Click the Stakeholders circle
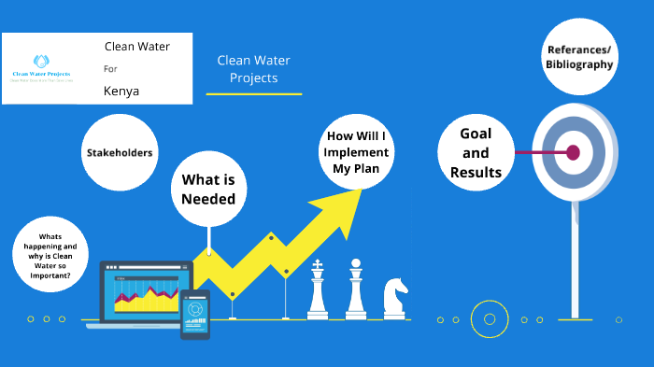click(x=120, y=151)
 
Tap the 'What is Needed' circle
click(x=208, y=189)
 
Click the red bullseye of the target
click(x=573, y=151)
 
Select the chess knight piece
click(x=394, y=298)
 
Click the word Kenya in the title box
click(x=121, y=91)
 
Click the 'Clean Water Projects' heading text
click(x=253, y=69)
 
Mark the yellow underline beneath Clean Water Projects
click(x=253, y=94)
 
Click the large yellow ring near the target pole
click(x=489, y=319)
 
